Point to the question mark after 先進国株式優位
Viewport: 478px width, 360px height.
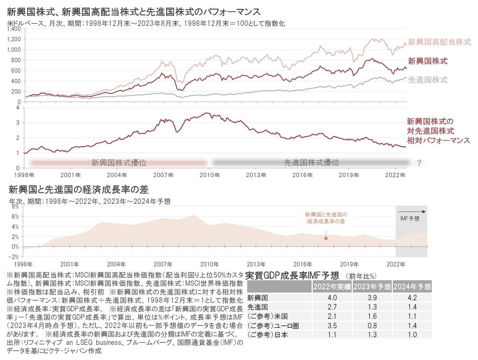point(419,163)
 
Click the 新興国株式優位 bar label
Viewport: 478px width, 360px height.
point(119,162)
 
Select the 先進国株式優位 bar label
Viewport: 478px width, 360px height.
point(311,162)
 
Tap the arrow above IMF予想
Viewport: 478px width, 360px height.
point(411,211)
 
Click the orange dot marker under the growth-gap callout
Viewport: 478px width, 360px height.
point(326,239)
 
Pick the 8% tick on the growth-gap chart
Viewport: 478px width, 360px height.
point(15,207)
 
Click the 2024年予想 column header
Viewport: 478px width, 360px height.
point(412,287)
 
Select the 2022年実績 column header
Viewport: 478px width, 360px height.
point(332,287)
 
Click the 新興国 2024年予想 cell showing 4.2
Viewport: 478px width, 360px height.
point(412,297)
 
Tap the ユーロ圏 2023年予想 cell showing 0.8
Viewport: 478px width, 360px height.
point(372,325)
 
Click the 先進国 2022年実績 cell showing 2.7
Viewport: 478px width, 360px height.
point(332,307)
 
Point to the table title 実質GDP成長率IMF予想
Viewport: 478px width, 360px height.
point(292,275)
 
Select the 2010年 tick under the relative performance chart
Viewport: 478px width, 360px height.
point(210,175)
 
